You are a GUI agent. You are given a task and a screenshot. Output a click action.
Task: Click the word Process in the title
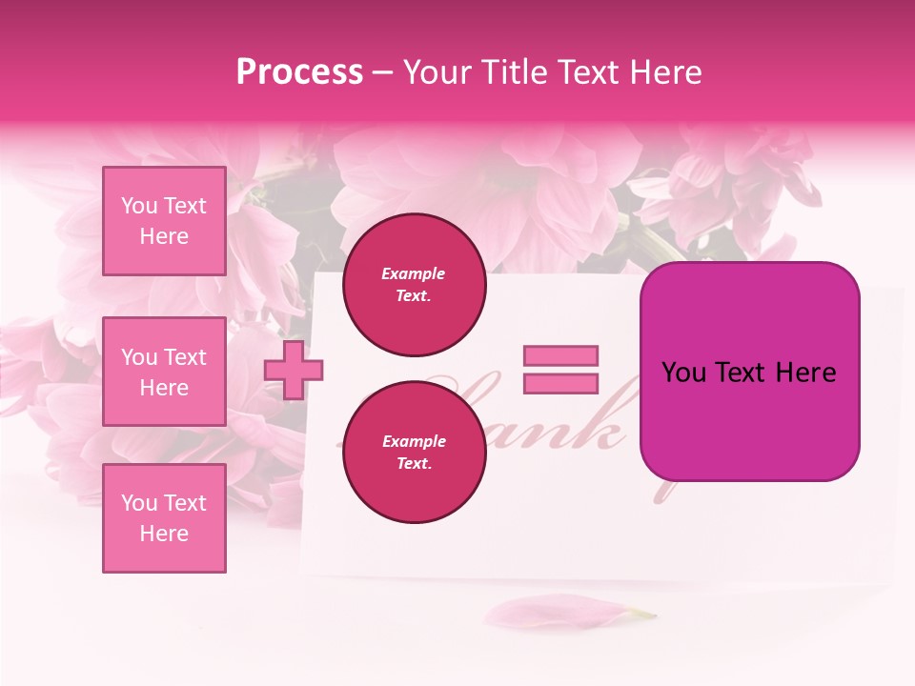[x=299, y=72]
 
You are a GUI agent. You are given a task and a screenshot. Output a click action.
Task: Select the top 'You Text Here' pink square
[x=164, y=221]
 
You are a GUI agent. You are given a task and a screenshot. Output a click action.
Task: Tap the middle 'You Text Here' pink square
[x=164, y=372]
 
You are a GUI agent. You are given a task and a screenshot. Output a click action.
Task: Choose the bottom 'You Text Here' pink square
[x=164, y=518]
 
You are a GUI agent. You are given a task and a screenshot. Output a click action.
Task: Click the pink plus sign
[x=294, y=371]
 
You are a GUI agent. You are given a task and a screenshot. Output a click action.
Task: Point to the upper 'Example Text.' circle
[x=414, y=285]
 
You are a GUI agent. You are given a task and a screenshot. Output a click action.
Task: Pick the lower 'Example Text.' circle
[x=414, y=453]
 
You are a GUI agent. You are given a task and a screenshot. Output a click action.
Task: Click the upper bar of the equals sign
[x=560, y=355]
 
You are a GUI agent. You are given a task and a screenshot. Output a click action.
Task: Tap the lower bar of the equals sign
[x=560, y=383]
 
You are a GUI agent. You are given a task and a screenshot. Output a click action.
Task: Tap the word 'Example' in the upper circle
[x=414, y=274]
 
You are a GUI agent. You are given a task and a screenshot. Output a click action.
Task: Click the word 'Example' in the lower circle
[x=414, y=442]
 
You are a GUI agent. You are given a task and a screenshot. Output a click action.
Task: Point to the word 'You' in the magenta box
[x=683, y=373]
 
